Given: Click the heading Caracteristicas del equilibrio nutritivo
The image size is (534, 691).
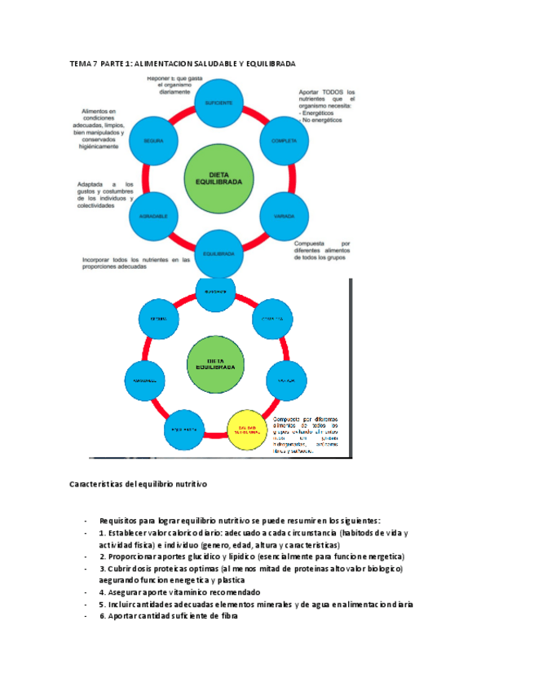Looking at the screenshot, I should pos(139,484).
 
